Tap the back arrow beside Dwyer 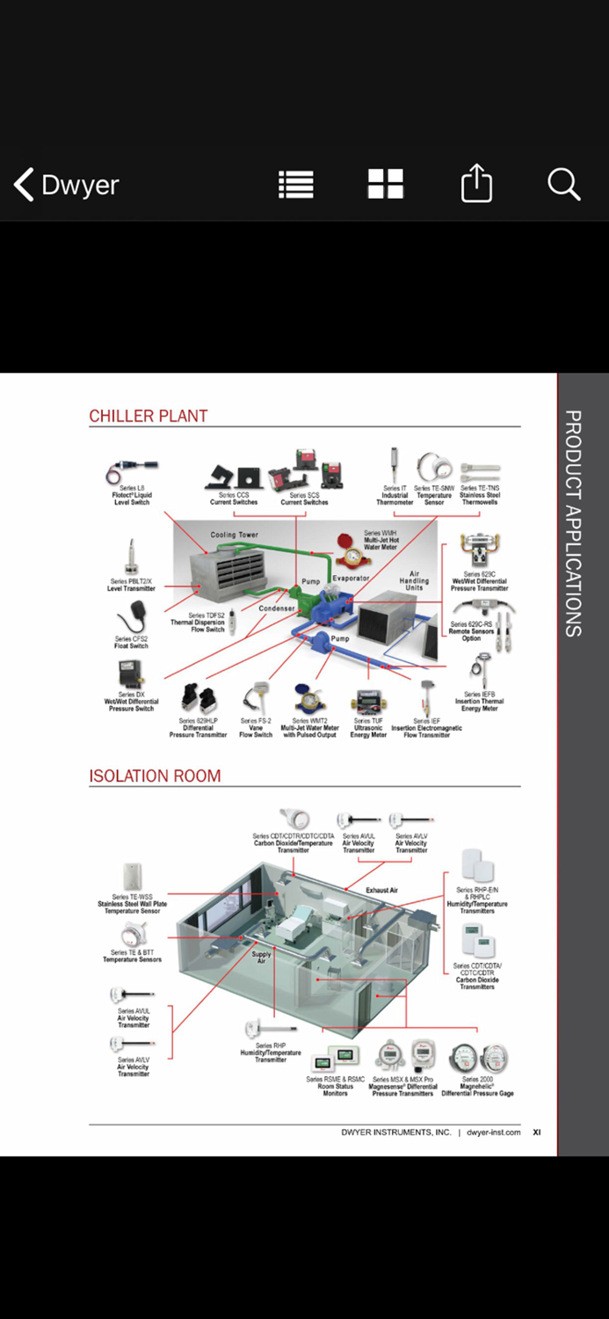click(x=24, y=185)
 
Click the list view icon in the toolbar click(x=296, y=185)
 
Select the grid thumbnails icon click(x=385, y=185)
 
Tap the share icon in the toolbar click(x=476, y=185)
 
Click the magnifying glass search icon click(x=563, y=185)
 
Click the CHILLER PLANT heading click(x=149, y=416)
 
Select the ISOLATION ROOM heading click(x=155, y=776)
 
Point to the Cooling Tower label click(x=235, y=535)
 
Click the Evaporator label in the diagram click(x=351, y=579)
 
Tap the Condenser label click(x=277, y=608)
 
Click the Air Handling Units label click(x=414, y=581)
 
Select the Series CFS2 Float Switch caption click(x=131, y=643)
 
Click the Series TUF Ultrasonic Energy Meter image click(x=367, y=703)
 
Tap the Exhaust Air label click(x=382, y=890)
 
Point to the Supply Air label click(x=261, y=958)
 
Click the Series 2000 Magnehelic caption click(x=477, y=1087)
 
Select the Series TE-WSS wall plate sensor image click(x=133, y=877)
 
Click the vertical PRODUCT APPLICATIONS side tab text click(x=572, y=523)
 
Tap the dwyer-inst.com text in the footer click(x=493, y=1133)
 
